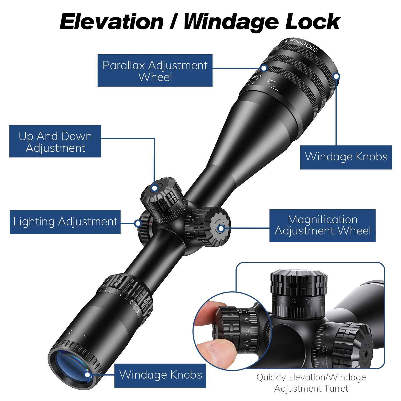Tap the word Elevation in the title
(111, 22)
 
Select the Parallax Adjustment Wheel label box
(155, 71)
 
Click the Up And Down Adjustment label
(55, 141)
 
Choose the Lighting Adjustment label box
(65, 222)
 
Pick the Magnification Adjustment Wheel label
(322, 226)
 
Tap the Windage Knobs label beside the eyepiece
(160, 375)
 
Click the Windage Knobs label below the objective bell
(346, 157)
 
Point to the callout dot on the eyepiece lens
(87, 375)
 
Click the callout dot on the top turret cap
(154, 188)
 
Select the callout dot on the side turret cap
(221, 228)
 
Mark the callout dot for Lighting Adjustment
(138, 223)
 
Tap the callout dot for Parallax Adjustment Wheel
(264, 68)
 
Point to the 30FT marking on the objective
(271, 81)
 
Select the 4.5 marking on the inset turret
(295, 300)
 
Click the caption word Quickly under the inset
(271, 377)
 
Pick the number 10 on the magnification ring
(126, 298)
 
